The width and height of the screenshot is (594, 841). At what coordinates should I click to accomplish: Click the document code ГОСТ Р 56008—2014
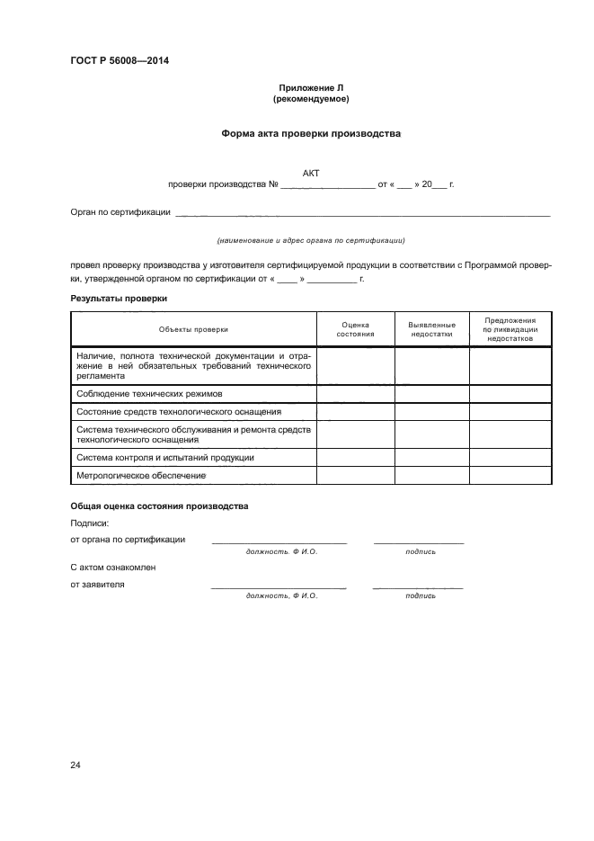tap(119, 61)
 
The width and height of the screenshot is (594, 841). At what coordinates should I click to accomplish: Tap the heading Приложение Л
tap(311, 87)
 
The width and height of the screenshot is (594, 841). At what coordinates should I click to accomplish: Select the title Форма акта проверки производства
tap(311, 133)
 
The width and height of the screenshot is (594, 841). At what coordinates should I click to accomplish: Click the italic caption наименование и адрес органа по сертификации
tap(311, 241)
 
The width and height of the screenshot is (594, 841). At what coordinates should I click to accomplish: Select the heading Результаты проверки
tap(119, 299)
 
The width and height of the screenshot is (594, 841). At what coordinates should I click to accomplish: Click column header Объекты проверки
tap(193, 329)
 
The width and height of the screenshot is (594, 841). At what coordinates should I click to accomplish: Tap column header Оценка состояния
tap(355, 329)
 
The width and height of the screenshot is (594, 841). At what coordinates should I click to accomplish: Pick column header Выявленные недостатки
tap(431, 329)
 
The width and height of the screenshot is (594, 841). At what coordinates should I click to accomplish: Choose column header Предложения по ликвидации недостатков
tap(510, 329)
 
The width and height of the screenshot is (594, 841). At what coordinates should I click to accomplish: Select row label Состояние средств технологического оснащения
tap(179, 411)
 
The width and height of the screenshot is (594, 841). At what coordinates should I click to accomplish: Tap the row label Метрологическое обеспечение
tap(141, 475)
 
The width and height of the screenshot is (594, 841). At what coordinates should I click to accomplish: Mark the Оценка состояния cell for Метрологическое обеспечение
tap(355, 475)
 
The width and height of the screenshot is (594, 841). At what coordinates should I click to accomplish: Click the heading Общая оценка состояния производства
tap(159, 506)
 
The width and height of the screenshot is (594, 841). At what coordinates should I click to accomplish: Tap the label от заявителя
tap(97, 584)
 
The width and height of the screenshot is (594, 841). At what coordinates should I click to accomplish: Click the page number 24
tap(75, 765)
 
